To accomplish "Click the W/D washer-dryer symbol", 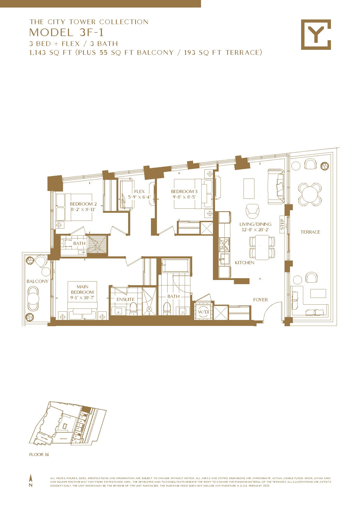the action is click(x=203, y=311).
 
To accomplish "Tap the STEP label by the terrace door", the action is click(x=282, y=224).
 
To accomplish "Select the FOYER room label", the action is click(x=260, y=300).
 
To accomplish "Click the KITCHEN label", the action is click(x=244, y=263).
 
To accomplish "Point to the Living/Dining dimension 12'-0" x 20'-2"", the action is click(x=255, y=230).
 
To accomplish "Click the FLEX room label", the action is click(x=139, y=192).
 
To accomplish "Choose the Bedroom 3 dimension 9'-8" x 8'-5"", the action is click(x=184, y=197).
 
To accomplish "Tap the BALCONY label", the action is click(x=38, y=281).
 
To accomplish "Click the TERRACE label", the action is click(x=310, y=232).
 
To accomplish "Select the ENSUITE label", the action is click(x=126, y=299).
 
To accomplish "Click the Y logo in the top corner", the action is click(x=316, y=35).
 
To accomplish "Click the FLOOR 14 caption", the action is click(x=39, y=454).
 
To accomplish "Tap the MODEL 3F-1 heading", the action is click(x=66, y=32).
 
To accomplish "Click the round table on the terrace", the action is click(x=310, y=194).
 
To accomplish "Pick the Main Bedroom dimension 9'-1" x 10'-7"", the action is click(x=82, y=298).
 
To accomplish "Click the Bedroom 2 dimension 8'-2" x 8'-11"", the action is click(x=83, y=209).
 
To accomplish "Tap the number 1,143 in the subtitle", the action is click(x=38, y=53).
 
